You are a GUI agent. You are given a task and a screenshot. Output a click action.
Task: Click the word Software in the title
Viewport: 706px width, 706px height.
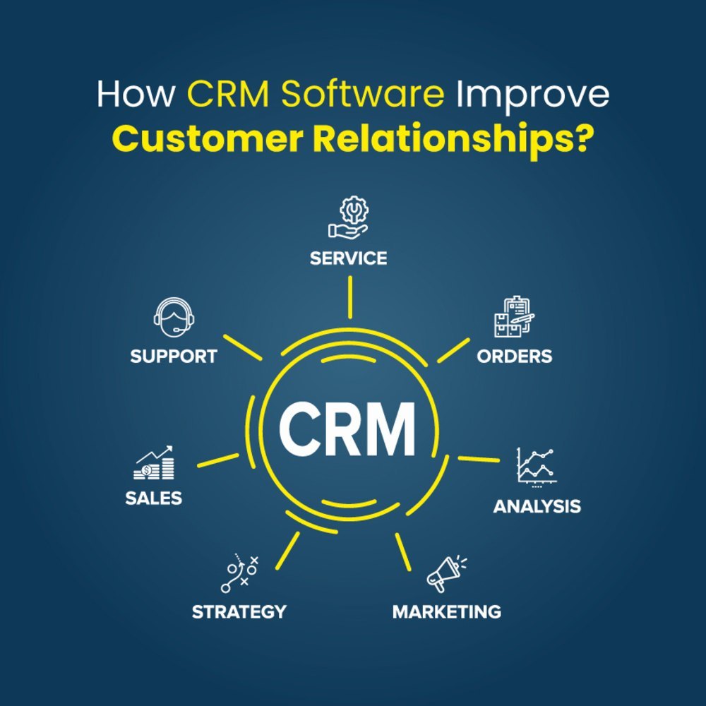pyautogui.click(x=363, y=94)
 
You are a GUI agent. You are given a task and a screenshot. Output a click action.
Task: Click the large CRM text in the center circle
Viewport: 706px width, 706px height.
pyautogui.click(x=347, y=430)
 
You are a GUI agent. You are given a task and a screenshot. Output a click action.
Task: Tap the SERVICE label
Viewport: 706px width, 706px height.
pyautogui.click(x=349, y=258)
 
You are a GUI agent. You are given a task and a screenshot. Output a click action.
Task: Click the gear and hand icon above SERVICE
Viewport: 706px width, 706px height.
pyautogui.click(x=348, y=217)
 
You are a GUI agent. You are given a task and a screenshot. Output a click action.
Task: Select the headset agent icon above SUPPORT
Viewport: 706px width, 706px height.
pyautogui.click(x=174, y=317)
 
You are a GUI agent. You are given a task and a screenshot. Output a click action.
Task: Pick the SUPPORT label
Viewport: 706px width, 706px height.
pyautogui.click(x=174, y=357)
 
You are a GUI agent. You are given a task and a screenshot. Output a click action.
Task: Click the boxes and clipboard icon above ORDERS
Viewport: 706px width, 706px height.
pyautogui.click(x=514, y=316)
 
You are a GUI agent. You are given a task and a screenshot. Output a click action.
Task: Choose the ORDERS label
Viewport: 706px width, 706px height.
pyautogui.click(x=514, y=357)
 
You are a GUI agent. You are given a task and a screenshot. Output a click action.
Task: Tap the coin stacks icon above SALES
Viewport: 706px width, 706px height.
pyautogui.click(x=153, y=463)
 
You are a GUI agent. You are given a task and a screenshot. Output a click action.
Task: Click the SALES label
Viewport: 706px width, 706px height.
pyautogui.click(x=153, y=498)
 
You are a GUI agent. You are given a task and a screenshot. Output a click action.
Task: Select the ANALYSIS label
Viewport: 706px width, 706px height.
pyautogui.click(x=537, y=506)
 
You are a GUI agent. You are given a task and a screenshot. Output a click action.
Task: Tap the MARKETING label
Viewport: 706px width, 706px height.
pyautogui.click(x=447, y=612)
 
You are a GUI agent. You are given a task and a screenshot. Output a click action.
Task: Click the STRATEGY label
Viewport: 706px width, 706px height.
pyautogui.click(x=239, y=612)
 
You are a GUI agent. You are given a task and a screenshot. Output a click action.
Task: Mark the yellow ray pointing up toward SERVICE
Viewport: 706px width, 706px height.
pyautogui.click(x=350, y=297)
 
